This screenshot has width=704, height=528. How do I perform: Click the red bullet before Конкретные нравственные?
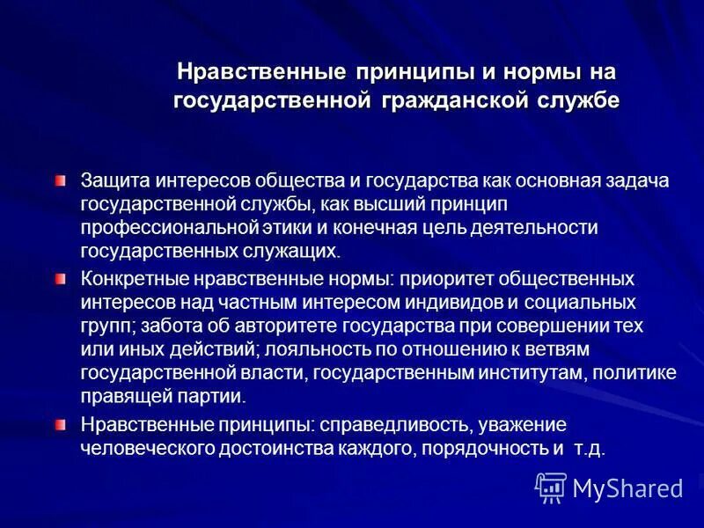click(x=58, y=279)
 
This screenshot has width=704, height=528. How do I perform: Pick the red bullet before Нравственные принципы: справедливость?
click(x=58, y=424)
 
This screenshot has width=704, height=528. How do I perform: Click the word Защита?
click(x=109, y=180)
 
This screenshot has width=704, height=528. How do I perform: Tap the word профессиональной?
click(x=170, y=228)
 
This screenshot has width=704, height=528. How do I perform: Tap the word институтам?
click(x=528, y=373)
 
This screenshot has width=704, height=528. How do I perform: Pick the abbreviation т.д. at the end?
click(x=590, y=449)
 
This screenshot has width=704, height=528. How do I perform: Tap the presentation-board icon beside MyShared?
click(x=551, y=487)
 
